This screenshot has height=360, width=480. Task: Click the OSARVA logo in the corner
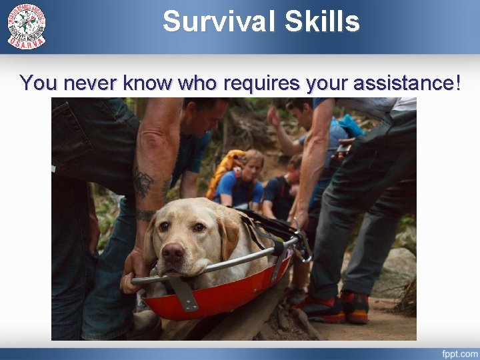(27, 25)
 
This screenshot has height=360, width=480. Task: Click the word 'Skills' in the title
(323, 21)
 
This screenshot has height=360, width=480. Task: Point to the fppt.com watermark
(459, 353)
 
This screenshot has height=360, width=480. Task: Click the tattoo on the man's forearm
(143, 183)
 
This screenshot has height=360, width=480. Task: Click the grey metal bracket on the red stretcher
(183, 294)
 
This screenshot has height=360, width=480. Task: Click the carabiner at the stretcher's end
(304, 248)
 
